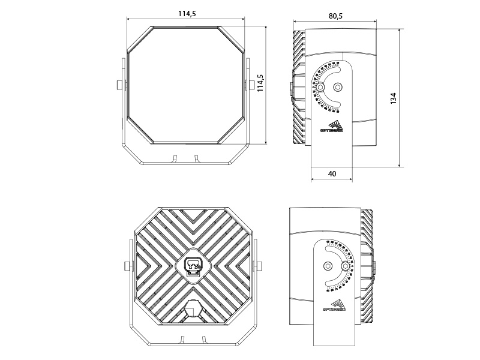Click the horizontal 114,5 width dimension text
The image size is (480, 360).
(x=187, y=14)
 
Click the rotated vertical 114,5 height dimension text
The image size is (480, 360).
(x=260, y=83)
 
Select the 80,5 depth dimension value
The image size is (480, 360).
(x=335, y=16)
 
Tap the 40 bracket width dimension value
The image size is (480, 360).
(x=332, y=174)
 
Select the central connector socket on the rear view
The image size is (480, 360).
(x=193, y=265)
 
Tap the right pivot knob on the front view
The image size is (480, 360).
(x=249, y=84)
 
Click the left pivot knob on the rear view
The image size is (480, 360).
(x=127, y=266)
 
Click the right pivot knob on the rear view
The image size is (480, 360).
(x=259, y=266)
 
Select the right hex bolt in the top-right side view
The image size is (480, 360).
(x=338, y=87)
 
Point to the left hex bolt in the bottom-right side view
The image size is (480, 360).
(x=327, y=266)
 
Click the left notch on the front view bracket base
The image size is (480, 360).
(x=174, y=158)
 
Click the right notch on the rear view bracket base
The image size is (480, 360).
(x=203, y=340)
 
